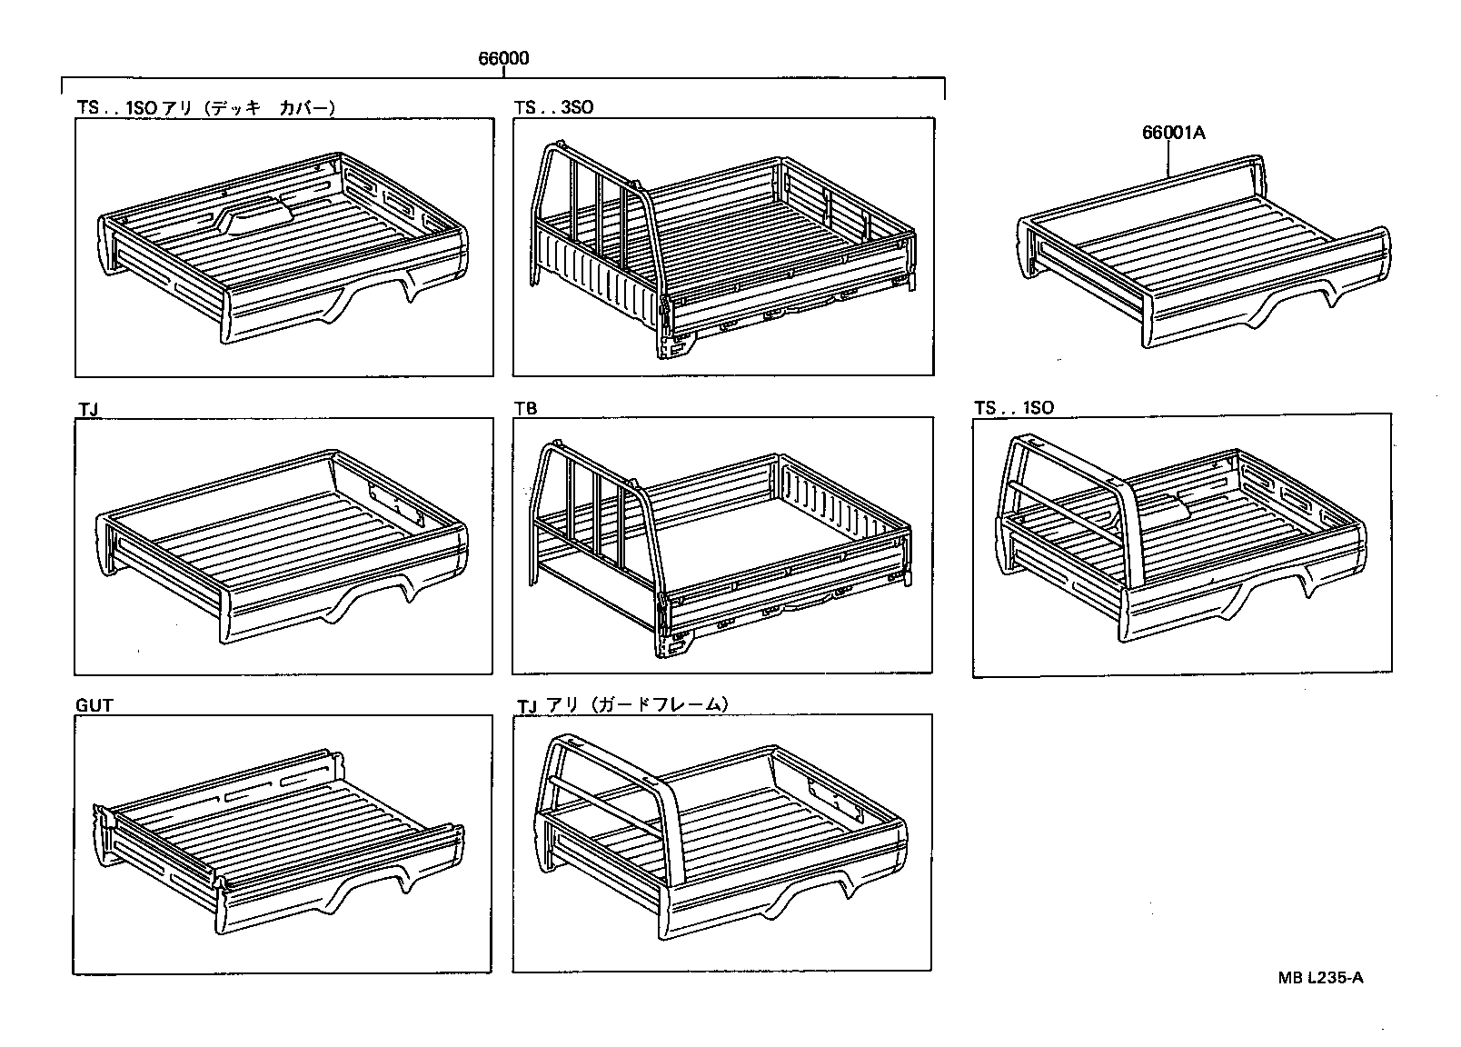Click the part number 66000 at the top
click(503, 59)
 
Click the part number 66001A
click(1173, 133)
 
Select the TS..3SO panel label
click(553, 107)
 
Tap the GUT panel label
click(94, 705)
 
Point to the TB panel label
click(525, 408)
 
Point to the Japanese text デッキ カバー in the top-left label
click(270, 107)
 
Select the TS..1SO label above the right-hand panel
click(1013, 408)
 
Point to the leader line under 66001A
click(1169, 158)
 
